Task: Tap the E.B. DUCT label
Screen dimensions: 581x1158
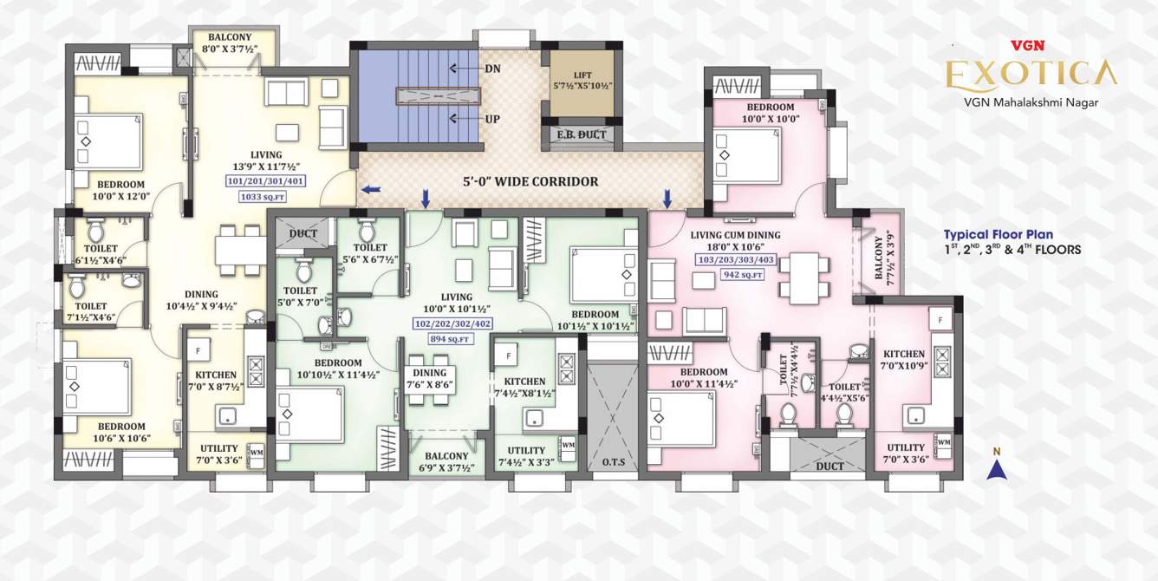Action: [x=581, y=135]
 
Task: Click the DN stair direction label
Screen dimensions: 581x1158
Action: [x=492, y=69]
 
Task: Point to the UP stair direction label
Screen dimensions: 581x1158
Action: [x=492, y=119]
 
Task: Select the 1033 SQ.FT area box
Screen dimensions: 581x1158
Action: [x=260, y=197]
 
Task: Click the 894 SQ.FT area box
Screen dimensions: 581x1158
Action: [x=449, y=339]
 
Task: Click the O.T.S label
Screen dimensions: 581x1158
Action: [x=613, y=461]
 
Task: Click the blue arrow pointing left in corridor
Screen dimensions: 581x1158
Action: [x=371, y=188]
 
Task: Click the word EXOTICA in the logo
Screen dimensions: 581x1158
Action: [x=1031, y=74]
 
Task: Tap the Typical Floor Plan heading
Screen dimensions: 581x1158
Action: [x=998, y=234]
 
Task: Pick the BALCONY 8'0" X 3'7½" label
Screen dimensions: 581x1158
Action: [x=230, y=43]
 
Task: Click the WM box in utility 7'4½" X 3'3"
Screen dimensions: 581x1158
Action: [x=568, y=446]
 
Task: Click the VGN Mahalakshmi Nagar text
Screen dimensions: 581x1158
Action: [x=1031, y=102]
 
